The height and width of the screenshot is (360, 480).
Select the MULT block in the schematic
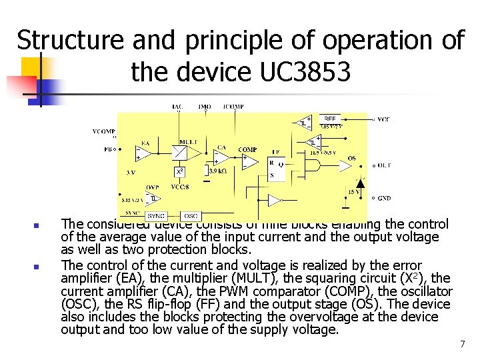pyautogui.click(x=180, y=151)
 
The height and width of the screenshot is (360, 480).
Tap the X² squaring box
pyautogui.click(x=179, y=172)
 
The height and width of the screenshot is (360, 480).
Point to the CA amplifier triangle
pyautogui.click(x=220, y=159)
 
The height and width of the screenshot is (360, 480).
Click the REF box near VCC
pyautogui.click(x=330, y=119)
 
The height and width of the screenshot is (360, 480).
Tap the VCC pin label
pyautogui.click(x=383, y=119)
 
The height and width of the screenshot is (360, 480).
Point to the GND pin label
pyautogui.click(x=384, y=199)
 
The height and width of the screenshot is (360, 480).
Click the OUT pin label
pyautogui.click(x=384, y=165)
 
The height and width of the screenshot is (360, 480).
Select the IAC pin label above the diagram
pyautogui.click(x=177, y=107)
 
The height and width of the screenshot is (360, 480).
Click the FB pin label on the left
pyautogui.click(x=108, y=149)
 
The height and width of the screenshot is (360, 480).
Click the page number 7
pyautogui.click(x=461, y=344)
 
